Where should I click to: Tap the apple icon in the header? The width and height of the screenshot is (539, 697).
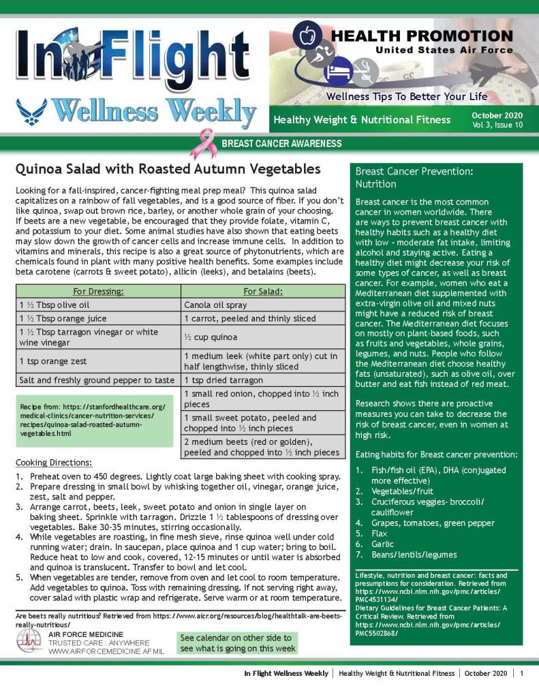[307, 33]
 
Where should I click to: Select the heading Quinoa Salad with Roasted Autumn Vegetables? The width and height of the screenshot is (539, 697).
[168, 168]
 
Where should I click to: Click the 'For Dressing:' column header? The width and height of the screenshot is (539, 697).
[98, 292]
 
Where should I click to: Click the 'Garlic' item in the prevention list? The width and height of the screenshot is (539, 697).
[383, 544]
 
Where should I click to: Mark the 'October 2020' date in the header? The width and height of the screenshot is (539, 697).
[497, 115]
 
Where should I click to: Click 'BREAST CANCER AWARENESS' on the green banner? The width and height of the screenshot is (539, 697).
[281, 144]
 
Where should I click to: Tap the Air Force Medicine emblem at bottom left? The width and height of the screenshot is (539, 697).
[29, 642]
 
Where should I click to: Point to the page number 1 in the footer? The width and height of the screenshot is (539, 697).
[521, 673]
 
